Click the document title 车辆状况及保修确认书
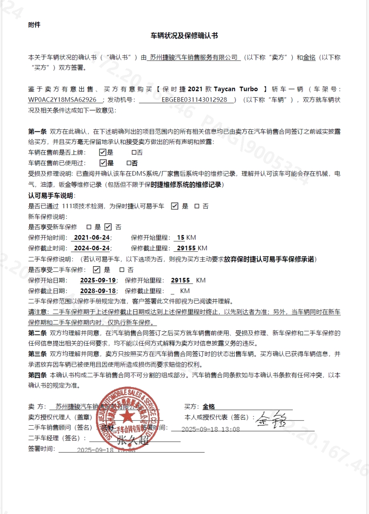[x=184, y=36]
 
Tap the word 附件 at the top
[x=34, y=24]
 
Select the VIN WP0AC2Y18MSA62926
[x=62, y=100]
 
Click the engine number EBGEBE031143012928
[x=194, y=100]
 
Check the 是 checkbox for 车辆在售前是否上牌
[x=103, y=152]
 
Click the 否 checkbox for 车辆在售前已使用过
[x=129, y=163]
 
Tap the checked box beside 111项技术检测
[x=174, y=206]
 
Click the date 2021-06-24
[x=92, y=237]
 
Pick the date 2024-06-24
[x=92, y=248]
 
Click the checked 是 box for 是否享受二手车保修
[x=96, y=269]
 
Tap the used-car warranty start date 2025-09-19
[x=98, y=280]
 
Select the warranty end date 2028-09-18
[x=98, y=291]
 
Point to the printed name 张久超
[x=132, y=440]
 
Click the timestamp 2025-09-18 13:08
[x=211, y=429]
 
